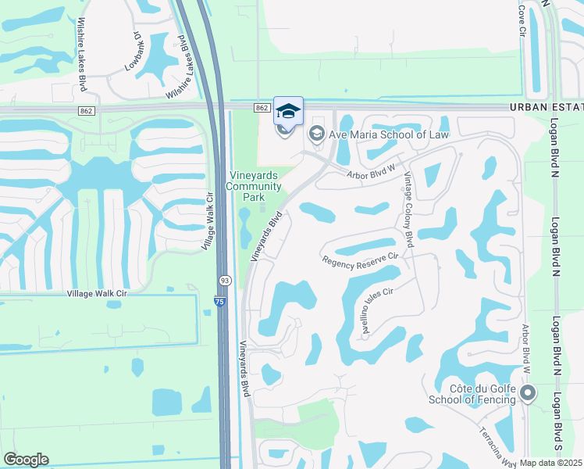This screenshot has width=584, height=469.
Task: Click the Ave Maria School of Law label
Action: click(388, 134)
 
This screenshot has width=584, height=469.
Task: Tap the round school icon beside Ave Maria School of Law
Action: click(317, 134)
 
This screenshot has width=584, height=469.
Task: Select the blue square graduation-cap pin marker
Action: click(288, 111)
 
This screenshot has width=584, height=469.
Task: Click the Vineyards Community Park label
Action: click(254, 186)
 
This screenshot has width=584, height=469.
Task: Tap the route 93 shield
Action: click(224, 280)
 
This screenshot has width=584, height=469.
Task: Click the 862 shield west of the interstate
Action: click(86, 112)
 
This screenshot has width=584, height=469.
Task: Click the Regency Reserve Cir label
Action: click(361, 261)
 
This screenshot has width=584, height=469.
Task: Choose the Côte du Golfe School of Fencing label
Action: click(472, 394)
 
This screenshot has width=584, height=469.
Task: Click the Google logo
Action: click(26, 460)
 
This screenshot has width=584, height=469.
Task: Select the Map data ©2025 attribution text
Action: click(551, 463)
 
